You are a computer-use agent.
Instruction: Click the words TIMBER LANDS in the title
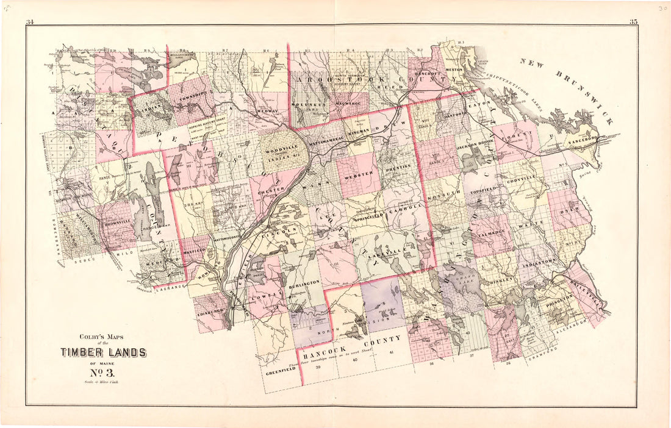pyautogui.click(x=102, y=352)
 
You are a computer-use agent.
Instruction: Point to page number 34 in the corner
pyautogui.click(x=30, y=23)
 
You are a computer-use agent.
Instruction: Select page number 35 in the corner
pyautogui.click(x=633, y=23)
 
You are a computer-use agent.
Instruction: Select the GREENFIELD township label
pyautogui.click(x=281, y=369)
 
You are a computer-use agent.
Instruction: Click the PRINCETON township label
pyautogui.click(x=557, y=299)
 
